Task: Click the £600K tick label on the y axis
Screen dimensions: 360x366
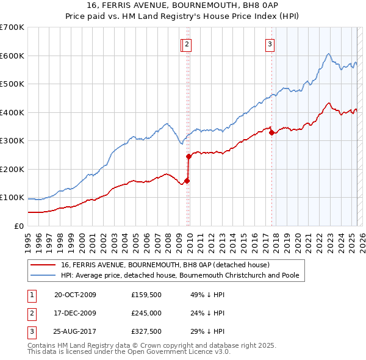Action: (x=12, y=56)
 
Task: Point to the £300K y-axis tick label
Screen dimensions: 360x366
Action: (x=12, y=141)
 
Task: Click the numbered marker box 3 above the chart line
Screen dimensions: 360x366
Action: (x=269, y=43)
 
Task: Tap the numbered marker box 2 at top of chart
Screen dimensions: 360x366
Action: (x=187, y=43)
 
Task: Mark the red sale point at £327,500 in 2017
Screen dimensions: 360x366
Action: (x=271, y=132)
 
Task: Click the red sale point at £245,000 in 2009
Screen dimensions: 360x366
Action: (x=189, y=156)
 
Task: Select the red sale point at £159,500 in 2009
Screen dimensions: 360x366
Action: (x=187, y=181)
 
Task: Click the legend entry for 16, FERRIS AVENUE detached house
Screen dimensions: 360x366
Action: (x=169, y=265)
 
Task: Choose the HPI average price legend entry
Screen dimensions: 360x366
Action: (x=179, y=276)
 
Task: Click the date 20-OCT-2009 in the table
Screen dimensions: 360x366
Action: (x=76, y=295)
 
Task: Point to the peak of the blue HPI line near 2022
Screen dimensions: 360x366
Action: (x=328, y=54)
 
